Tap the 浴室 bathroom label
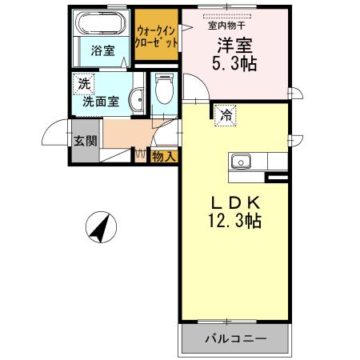coord(102,50)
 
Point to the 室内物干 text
coord(227,25)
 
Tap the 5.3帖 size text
coord(232,65)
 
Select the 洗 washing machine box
coord(84,82)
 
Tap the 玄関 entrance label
coord(86,141)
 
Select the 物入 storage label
coord(164,156)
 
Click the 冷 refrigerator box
coord(226,115)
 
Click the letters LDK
coord(230,199)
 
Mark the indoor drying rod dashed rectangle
coord(227,15)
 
